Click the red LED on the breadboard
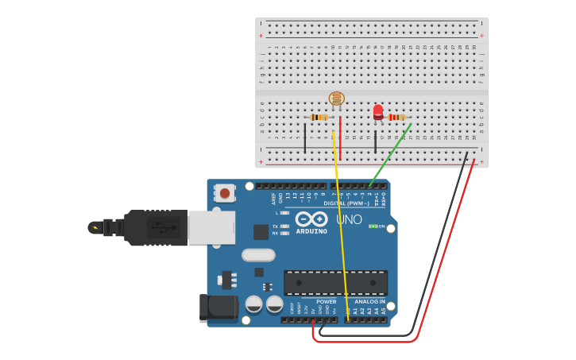[378, 112]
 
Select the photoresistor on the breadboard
[337, 99]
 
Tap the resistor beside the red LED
[396, 117]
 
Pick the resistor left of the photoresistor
[319, 117]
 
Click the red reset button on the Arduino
[225, 193]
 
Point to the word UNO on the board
[349, 219]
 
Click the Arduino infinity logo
[311, 219]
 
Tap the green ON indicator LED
[373, 226]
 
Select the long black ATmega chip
[335, 282]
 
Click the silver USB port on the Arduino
[211, 227]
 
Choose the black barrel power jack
[218, 308]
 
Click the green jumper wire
[390, 155]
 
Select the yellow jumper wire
[340, 223]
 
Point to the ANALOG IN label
[369, 302]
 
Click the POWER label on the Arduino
[326, 302]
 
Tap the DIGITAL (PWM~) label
[344, 203]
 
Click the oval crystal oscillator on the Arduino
[258, 255]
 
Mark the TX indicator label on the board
[275, 226]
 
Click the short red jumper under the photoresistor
[340, 129]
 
